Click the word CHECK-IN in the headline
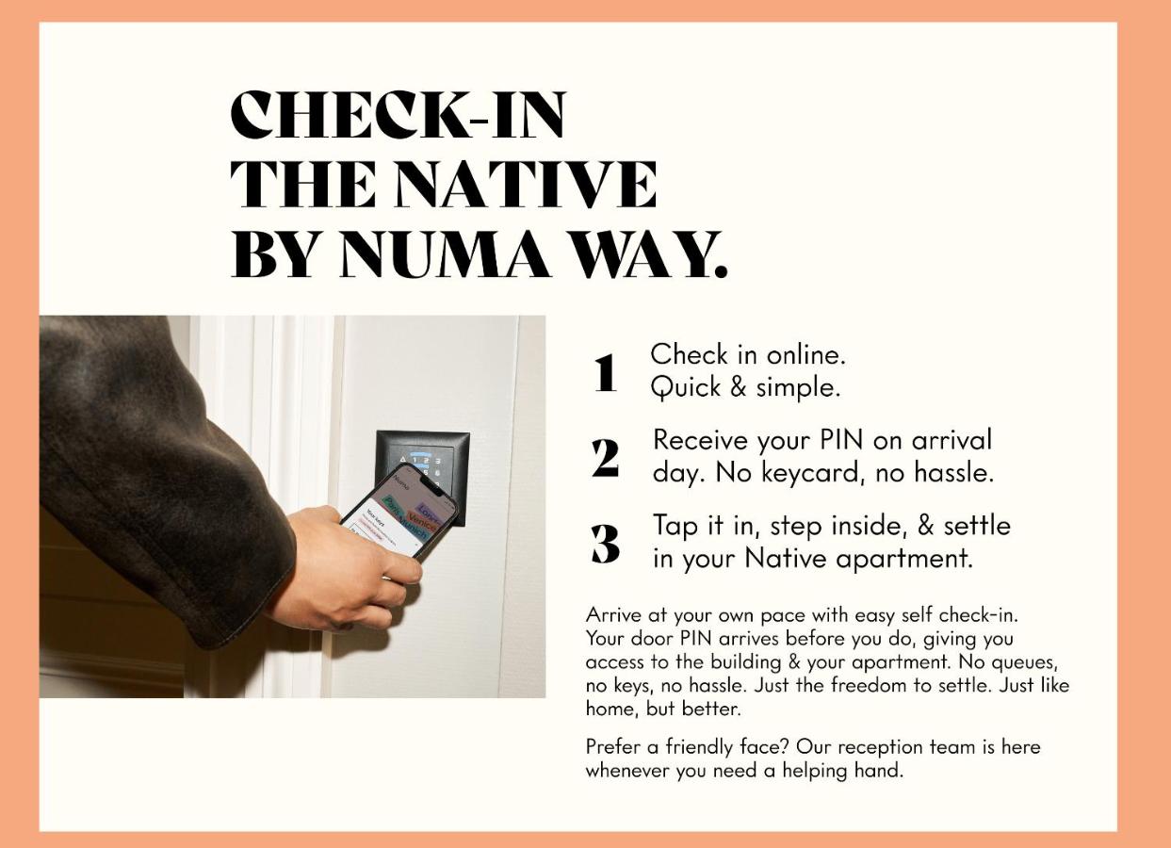(398, 115)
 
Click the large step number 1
(606, 372)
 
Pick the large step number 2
(606, 458)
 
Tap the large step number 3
(606, 545)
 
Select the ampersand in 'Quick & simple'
(738, 387)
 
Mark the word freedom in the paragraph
(866, 685)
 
